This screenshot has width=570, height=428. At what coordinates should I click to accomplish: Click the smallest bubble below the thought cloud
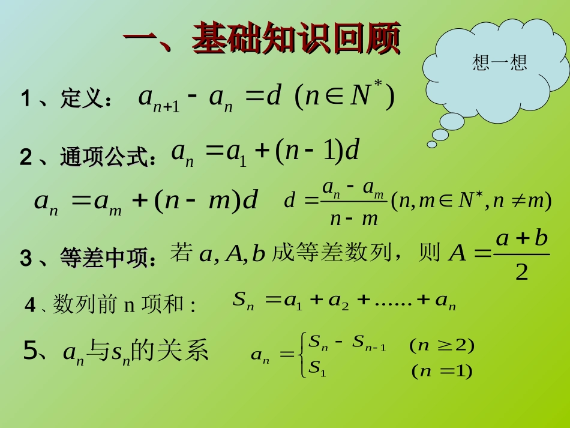point(431,144)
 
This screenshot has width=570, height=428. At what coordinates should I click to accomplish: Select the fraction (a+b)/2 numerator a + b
point(522,238)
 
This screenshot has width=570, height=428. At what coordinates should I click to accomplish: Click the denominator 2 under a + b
point(521,273)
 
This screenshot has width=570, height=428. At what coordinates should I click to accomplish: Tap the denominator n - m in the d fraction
point(354,219)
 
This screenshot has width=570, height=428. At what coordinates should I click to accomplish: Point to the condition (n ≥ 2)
point(442,345)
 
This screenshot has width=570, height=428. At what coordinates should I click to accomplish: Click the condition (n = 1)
point(442,372)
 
